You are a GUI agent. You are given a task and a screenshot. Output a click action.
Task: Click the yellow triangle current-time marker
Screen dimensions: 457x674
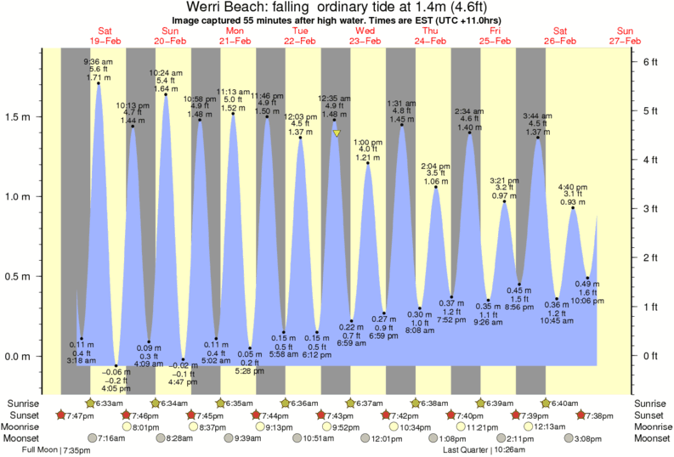(337, 133)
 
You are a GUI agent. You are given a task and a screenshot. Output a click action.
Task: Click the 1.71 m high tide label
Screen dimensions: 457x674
(99, 77)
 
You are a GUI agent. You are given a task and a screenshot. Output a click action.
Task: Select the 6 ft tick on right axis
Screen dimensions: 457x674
(650, 62)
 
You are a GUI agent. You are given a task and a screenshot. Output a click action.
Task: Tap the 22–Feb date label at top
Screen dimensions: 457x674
(301, 40)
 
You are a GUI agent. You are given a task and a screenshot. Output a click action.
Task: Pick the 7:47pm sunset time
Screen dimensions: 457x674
(77, 415)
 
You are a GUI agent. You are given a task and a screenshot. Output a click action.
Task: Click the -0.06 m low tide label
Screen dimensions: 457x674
(116, 371)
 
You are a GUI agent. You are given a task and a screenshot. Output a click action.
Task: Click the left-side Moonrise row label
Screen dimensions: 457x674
(23, 426)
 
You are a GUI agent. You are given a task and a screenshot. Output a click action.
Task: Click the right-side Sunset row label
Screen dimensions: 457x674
(649, 415)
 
